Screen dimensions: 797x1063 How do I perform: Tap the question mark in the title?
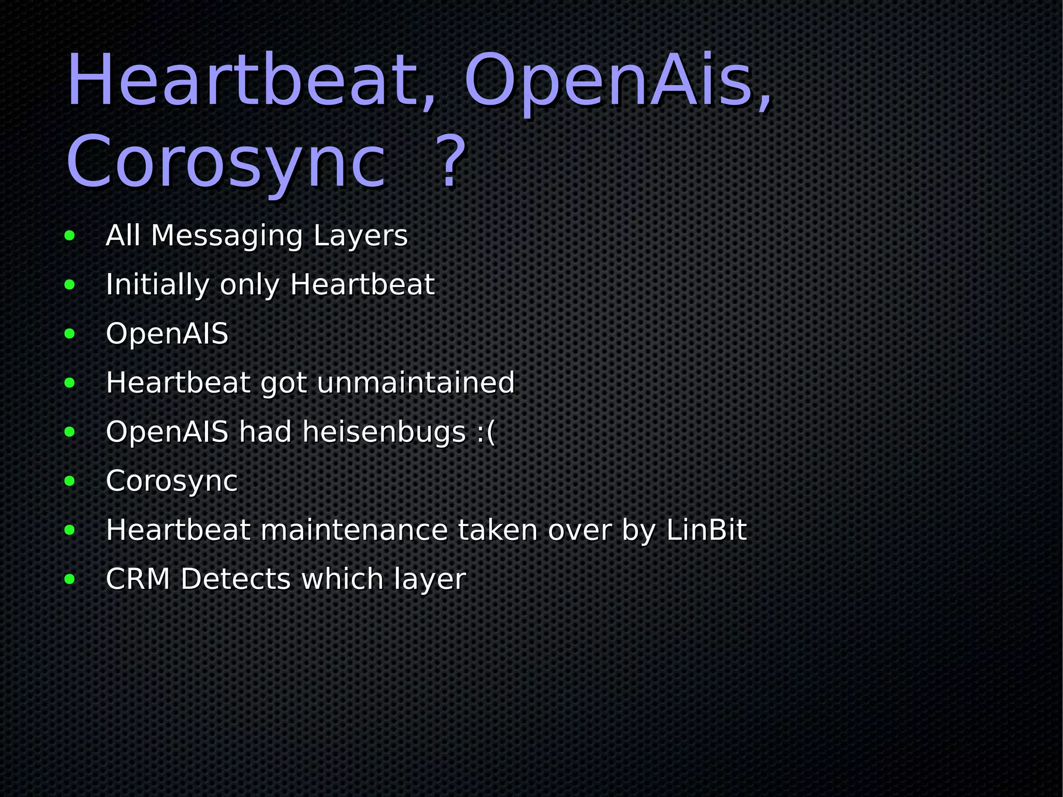point(449,162)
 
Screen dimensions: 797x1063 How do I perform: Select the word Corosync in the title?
point(226,162)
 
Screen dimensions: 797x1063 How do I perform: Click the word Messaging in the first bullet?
point(226,236)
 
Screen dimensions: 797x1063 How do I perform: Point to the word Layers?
point(361,236)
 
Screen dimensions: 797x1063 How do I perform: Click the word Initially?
point(157,285)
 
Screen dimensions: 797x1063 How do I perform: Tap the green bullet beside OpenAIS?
point(70,334)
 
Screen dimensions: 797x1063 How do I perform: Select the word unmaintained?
point(415,383)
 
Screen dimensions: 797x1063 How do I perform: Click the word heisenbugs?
point(384,431)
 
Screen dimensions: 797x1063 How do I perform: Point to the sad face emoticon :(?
point(485,433)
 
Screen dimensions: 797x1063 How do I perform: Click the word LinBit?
point(706,530)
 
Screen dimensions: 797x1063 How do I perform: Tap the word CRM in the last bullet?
point(138,578)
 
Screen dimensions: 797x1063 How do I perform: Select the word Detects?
point(236,578)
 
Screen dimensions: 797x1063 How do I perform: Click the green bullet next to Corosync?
point(70,481)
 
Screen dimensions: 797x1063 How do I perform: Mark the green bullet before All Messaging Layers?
point(70,236)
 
